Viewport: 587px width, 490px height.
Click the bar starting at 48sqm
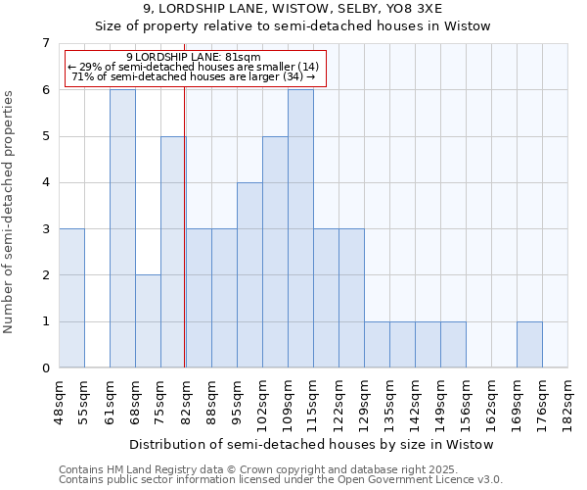pyautogui.click(x=71, y=298)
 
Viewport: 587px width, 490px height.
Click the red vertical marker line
pyautogui.click(x=185, y=245)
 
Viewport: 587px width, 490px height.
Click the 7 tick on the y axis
pyautogui.click(x=45, y=43)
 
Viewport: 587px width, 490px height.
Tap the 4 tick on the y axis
pyautogui.click(x=45, y=182)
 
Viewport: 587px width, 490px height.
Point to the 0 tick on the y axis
pyautogui.click(x=45, y=367)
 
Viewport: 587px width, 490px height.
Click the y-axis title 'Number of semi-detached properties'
pyautogui.click(x=10, y=212)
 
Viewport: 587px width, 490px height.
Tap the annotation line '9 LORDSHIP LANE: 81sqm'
pyautogui.click(x=194, y=57)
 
